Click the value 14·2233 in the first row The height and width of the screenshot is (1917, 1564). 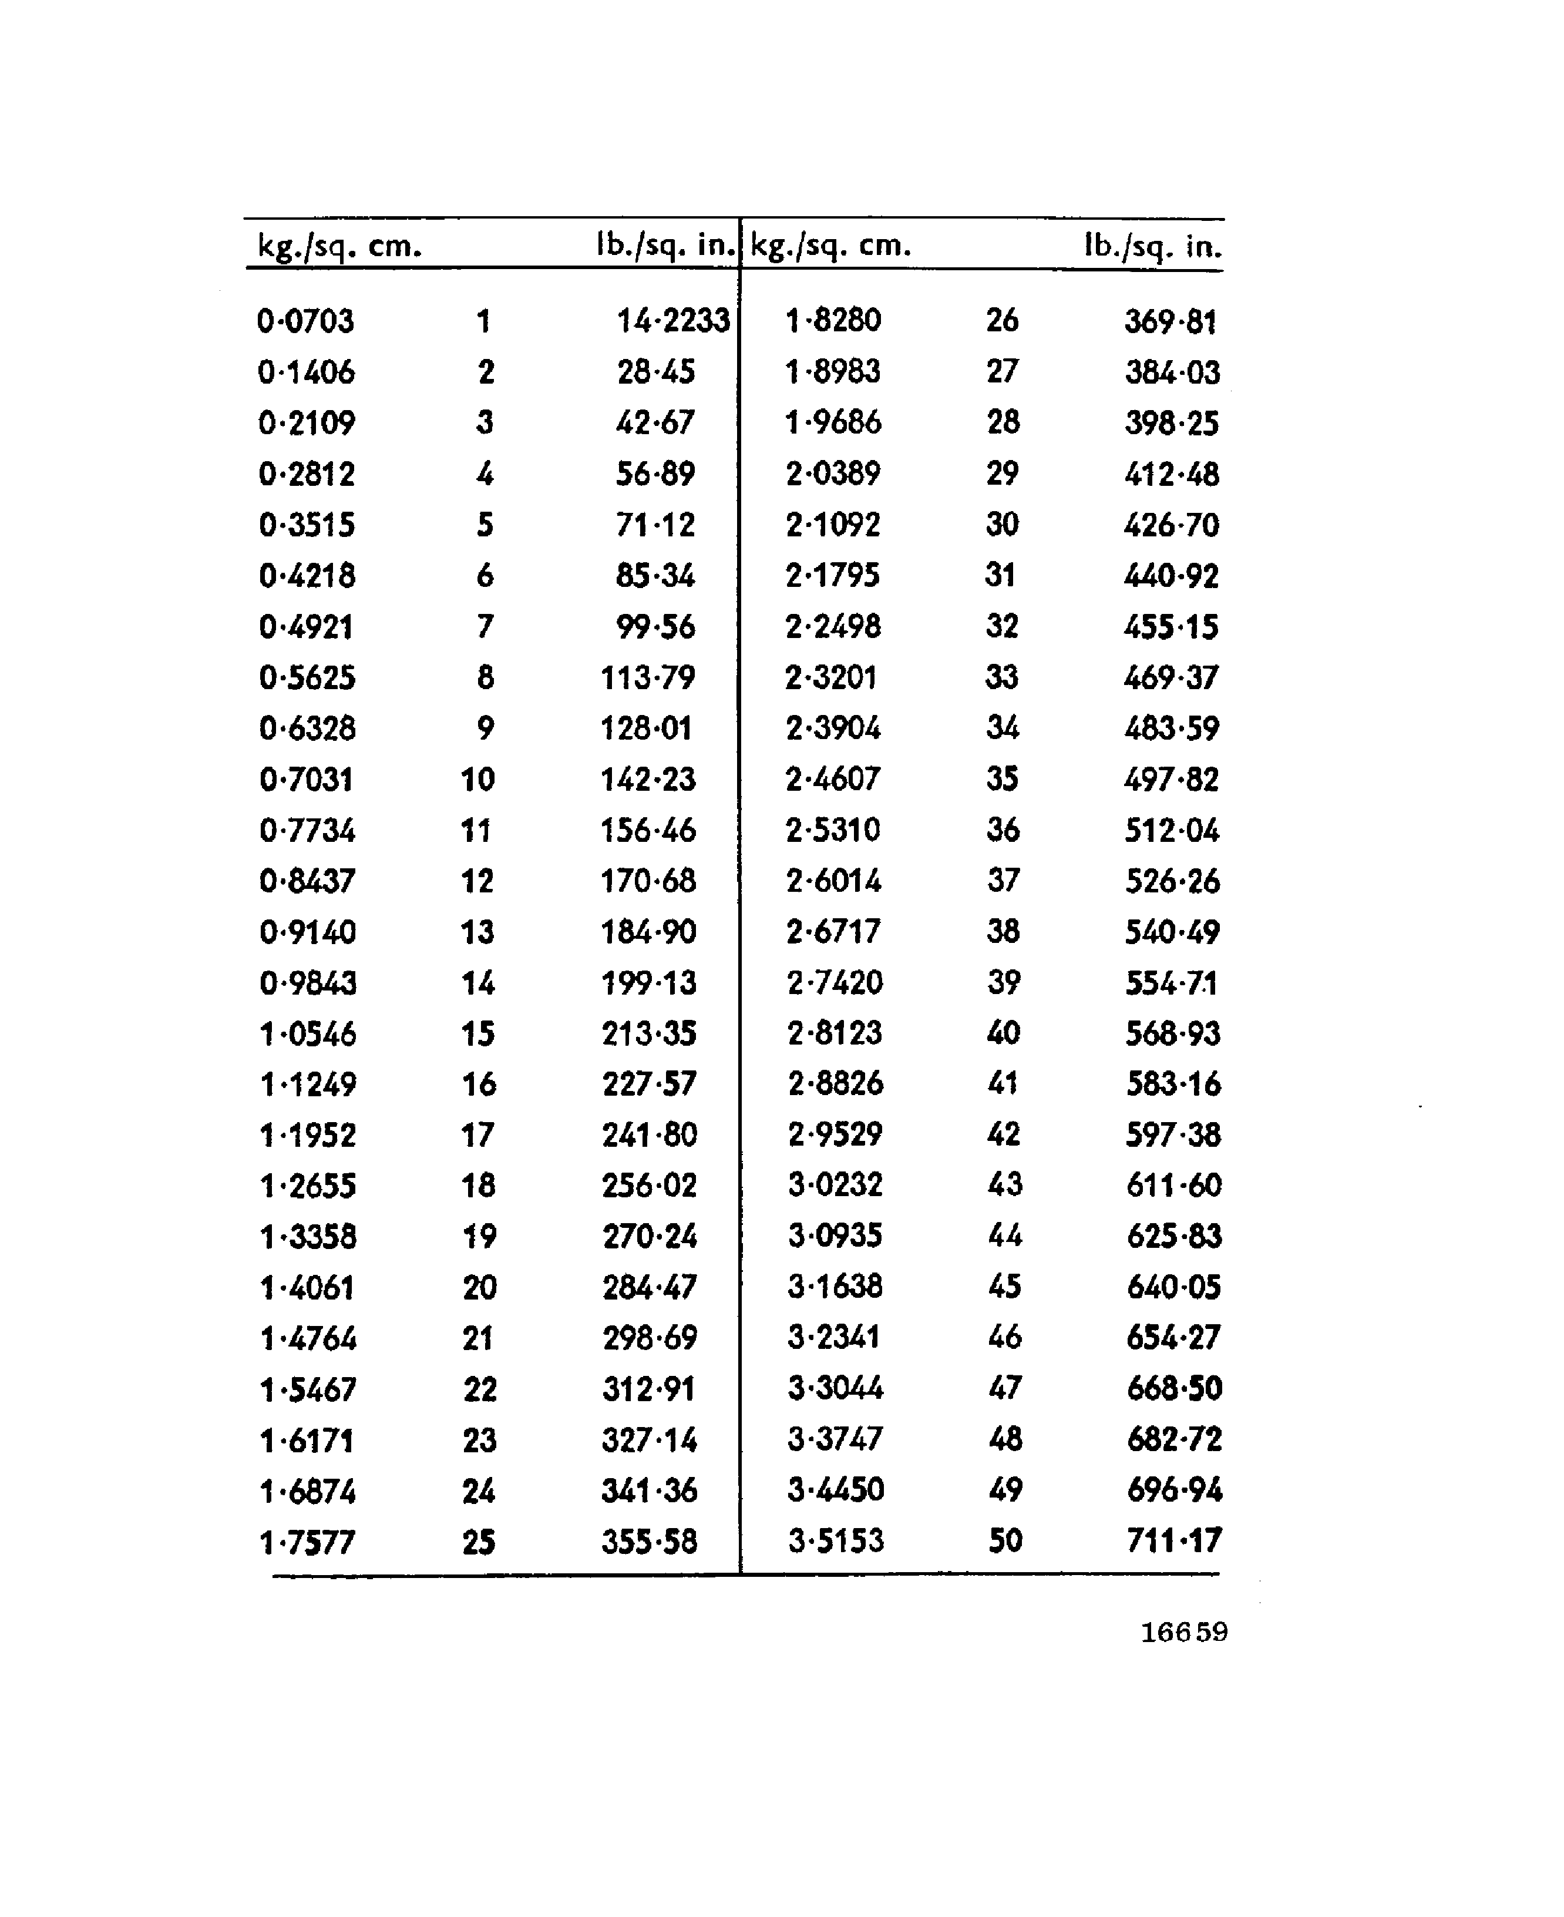click(x=672, y=321)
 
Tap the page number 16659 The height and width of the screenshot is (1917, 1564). click(x=1184, y=1632)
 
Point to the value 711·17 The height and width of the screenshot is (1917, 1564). click(x=1174, y=1540)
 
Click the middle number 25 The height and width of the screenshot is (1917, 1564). click(x=479, y=1542)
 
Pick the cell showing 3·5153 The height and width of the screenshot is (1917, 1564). click(x=836, y=1540)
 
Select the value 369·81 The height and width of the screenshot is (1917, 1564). click(x=1171, y=321)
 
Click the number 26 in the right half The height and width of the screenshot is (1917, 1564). click(x=1002, y=320)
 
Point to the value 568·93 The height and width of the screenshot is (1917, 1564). click(x=1173, y=1033)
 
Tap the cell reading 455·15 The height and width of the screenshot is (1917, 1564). click(x=1171, y=626)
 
